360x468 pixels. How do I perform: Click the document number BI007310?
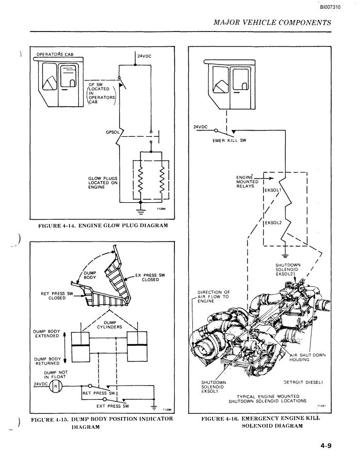point(330,7)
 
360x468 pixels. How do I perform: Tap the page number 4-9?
point(326,446)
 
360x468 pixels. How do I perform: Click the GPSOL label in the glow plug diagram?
point(113,132)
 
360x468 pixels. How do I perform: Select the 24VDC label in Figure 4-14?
point(144,56)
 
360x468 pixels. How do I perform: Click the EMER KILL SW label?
point(230,140)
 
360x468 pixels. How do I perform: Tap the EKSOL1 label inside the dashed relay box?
point(273,190)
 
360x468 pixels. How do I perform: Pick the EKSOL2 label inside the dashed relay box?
point(273,222)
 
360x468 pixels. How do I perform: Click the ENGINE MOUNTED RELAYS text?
point(247,182)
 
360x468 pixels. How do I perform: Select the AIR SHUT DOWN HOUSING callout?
point(307,357)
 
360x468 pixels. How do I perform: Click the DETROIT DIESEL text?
point(303,382)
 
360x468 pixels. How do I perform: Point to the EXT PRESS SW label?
point(113,406)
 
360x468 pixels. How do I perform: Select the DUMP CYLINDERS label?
point(109,325)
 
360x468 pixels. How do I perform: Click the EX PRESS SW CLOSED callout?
point(150,278)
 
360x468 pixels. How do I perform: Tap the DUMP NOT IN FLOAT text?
point(56,375)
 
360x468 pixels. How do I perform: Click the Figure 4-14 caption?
point(103,225)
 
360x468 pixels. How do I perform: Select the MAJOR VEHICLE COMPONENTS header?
point(272,23)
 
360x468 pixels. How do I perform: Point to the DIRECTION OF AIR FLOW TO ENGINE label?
point(214,297)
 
